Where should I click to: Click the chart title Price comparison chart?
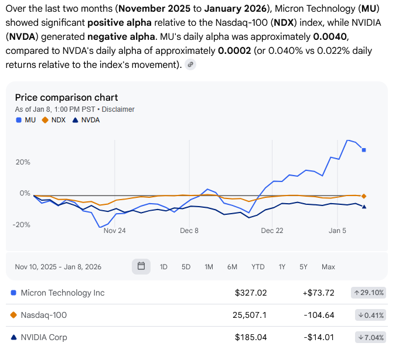coord(66,97)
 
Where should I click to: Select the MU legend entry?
coord(26,120)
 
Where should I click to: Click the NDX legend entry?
coord(54,120)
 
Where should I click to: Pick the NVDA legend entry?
coord(86,120)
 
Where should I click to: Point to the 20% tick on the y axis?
coord(23,162)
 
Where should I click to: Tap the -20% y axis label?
coord(22,225)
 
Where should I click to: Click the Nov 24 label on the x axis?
coord(114,231)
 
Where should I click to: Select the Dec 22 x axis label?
coord(272,231)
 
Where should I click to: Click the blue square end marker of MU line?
coord(364,150)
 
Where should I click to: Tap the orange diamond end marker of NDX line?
coord(364,196)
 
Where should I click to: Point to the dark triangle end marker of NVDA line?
coord(364,206)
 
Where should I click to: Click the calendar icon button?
coord(141,266)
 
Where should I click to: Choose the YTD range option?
coord(258,267)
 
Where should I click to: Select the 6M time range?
coord(232,267)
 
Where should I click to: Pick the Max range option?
coord(328,267)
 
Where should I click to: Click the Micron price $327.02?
coord(251,293)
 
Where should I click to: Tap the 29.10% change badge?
coord(369,293)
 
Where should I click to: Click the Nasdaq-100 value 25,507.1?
coord(250,315)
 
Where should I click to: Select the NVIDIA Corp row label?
coord(43,337)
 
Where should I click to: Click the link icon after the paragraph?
coord(190,65)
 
